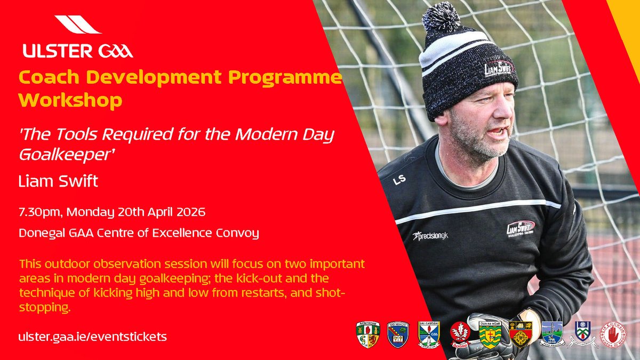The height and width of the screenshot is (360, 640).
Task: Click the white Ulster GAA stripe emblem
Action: (x=78, y=25)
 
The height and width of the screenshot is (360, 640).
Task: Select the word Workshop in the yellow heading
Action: (x=70, y=100)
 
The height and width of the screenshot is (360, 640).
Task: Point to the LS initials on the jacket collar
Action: (x=399, y=180)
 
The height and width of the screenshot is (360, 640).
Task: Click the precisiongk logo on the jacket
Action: (x=431, y=235)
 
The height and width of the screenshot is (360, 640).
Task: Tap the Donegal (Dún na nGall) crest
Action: (x=489, y=335)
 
